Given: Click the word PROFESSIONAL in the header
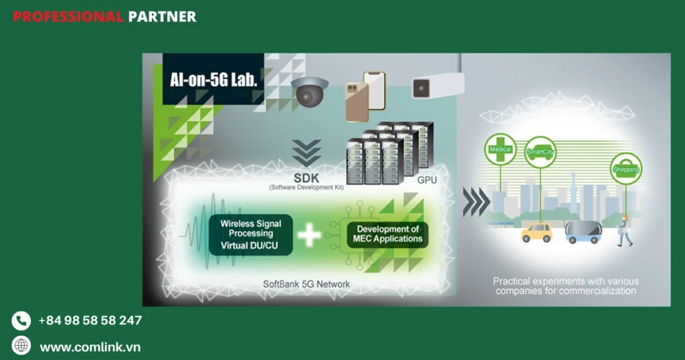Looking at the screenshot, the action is click(x=68, y=17).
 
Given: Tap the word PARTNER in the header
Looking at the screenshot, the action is click(x=162, y=17).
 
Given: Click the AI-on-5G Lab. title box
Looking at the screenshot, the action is click(x=213, y=79).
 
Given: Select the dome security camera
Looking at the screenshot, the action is click(x=309, y=91).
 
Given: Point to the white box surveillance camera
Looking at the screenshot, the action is click(x=438, y=86).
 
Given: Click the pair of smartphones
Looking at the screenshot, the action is click(x=366, y=96).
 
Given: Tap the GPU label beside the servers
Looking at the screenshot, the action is click(x=427, y=180).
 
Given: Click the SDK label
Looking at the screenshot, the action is click(x=306, y=178).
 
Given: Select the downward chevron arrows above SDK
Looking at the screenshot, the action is click(x=306, y=153).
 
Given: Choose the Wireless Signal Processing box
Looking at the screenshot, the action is click(x=251, y=235).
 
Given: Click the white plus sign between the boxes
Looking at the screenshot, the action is click(x=309, y=235).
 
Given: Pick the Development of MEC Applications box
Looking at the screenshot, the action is click(x=387, y=234).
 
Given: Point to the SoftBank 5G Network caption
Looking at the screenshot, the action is click(x=306, y=284).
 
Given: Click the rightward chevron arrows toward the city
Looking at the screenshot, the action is click(x=476, y=201).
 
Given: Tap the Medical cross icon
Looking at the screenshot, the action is click(x=500, y=149).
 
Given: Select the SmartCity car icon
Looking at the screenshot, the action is click(x=541, y=152).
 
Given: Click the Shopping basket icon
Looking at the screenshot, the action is click(x=626, y=169).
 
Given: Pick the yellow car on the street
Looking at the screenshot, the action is click(x=537, y=232).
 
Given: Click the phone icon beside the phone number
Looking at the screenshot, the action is click(x=21, y=321).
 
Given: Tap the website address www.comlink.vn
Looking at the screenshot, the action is click(x=90, y=347).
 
